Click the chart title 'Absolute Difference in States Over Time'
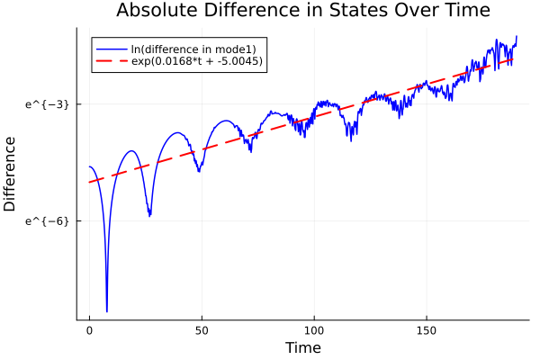tap(302, 11)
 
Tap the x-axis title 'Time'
tap(302, 347)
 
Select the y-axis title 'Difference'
tap(11, 174)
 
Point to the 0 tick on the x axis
tap(89, 331)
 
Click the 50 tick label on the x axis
tap(202, 331)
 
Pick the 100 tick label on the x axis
tap(314, 331)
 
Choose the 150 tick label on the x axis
tap(427, 331)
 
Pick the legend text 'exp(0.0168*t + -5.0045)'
tap(197, 62)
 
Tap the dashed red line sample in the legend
tap(112, 62)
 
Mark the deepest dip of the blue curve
tap(106, 311)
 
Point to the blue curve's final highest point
tap(517, 36)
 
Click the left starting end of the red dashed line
tap(89, 183)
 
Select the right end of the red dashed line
tap(514, 59)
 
